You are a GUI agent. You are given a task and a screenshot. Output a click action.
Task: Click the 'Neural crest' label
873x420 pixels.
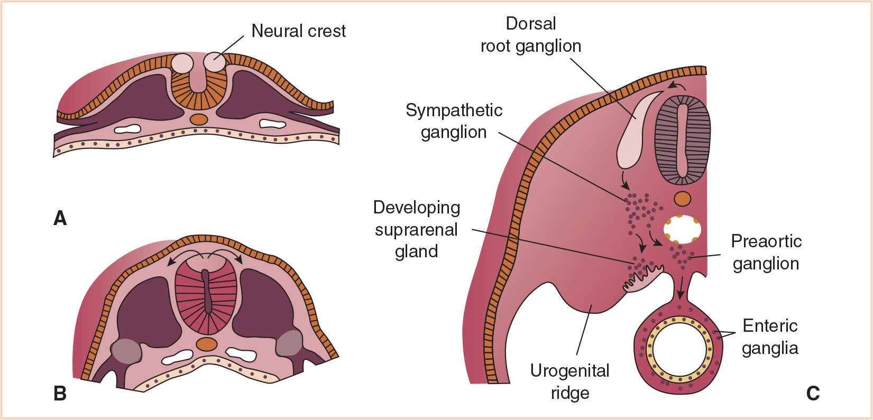(298, 31)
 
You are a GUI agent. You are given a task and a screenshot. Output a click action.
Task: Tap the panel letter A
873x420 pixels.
(60, 218)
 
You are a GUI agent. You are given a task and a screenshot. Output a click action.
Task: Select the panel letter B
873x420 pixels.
(60, 393)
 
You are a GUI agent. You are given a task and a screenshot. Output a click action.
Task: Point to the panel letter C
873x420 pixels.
(813, 393)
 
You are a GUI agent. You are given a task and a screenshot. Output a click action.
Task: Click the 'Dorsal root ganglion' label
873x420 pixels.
(530, 35)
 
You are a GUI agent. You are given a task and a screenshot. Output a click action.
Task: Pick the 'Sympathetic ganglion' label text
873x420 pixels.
(454, 121)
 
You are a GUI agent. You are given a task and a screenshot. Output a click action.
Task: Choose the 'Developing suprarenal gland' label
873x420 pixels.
(417, 229)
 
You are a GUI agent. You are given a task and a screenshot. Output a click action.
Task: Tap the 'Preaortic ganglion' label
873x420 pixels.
(766, 252)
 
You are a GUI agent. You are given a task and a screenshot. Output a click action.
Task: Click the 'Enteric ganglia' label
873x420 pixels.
(770, 337)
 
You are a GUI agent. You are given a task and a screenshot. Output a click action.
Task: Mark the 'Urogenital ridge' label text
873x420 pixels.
(569, 381)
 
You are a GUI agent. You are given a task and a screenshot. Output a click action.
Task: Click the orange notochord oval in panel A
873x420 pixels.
(199, 119)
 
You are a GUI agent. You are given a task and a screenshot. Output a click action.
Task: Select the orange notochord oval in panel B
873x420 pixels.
(206, 344)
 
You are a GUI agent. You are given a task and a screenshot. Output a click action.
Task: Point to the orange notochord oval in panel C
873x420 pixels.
(682, 199)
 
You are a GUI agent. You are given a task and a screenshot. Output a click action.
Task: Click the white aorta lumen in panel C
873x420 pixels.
(682, 229)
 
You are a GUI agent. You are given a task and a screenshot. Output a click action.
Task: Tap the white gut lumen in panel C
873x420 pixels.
(681, 349)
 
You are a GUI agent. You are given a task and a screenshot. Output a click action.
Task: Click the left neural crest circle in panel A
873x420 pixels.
(182, 63)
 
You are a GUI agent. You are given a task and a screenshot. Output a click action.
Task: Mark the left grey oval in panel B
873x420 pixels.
(126, 351)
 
